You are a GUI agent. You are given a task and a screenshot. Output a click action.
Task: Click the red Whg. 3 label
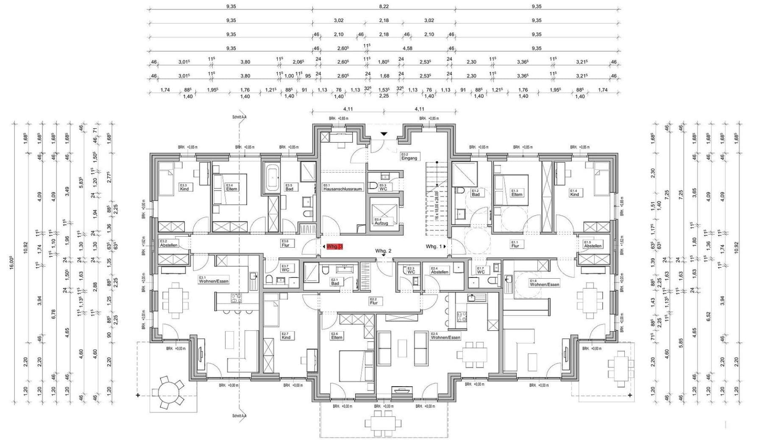click(334, 246)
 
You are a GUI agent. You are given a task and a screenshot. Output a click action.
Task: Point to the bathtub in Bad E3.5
click(272, 179)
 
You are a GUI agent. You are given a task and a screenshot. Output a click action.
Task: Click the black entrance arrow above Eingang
click(384, 134)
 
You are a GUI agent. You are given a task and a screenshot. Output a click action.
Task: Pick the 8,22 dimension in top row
click(383, 6)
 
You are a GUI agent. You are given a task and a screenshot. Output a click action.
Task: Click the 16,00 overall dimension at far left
click(12, 263)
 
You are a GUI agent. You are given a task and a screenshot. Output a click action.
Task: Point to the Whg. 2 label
click(383, 251)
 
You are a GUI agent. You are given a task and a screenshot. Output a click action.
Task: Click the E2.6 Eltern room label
click(337, 335)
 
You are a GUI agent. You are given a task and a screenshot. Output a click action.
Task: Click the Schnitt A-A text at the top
click(239, 116)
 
